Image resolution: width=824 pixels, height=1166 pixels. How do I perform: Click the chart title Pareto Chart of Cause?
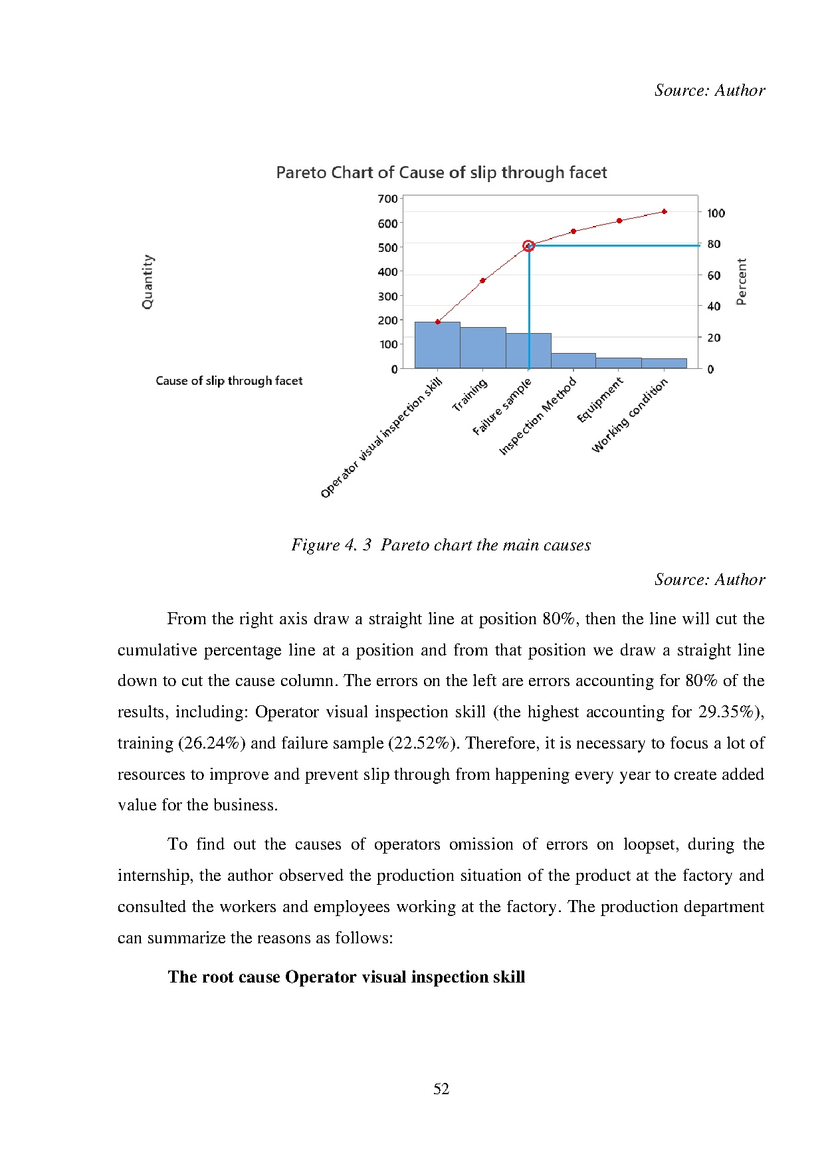441,173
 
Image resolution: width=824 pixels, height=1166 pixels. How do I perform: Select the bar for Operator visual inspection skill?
437,345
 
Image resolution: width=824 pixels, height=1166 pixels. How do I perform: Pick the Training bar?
483,348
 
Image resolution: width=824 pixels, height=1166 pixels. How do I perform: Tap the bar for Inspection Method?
573,360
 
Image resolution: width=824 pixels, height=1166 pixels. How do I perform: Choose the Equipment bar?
619,363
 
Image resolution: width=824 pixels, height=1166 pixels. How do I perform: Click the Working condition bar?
664,363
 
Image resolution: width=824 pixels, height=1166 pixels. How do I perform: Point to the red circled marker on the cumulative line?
528,246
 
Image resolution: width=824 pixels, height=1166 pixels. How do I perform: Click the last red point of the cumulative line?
665,211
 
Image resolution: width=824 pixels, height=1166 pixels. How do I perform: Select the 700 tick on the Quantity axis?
387,199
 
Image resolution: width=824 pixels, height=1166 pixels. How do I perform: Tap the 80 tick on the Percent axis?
714,245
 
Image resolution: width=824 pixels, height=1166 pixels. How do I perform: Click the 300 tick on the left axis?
387,296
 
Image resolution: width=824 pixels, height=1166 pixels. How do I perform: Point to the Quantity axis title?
148,282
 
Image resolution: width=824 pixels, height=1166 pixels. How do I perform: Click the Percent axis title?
742,282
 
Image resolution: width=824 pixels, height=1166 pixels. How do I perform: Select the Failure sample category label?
502,407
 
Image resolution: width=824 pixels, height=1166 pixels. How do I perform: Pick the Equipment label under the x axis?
600,400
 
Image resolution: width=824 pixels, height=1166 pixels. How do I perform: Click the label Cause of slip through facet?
229,381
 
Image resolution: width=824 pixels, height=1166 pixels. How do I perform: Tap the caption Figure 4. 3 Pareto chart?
441,545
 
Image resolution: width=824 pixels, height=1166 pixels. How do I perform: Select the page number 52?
441,1089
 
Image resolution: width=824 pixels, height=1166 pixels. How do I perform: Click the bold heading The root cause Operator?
346,977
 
